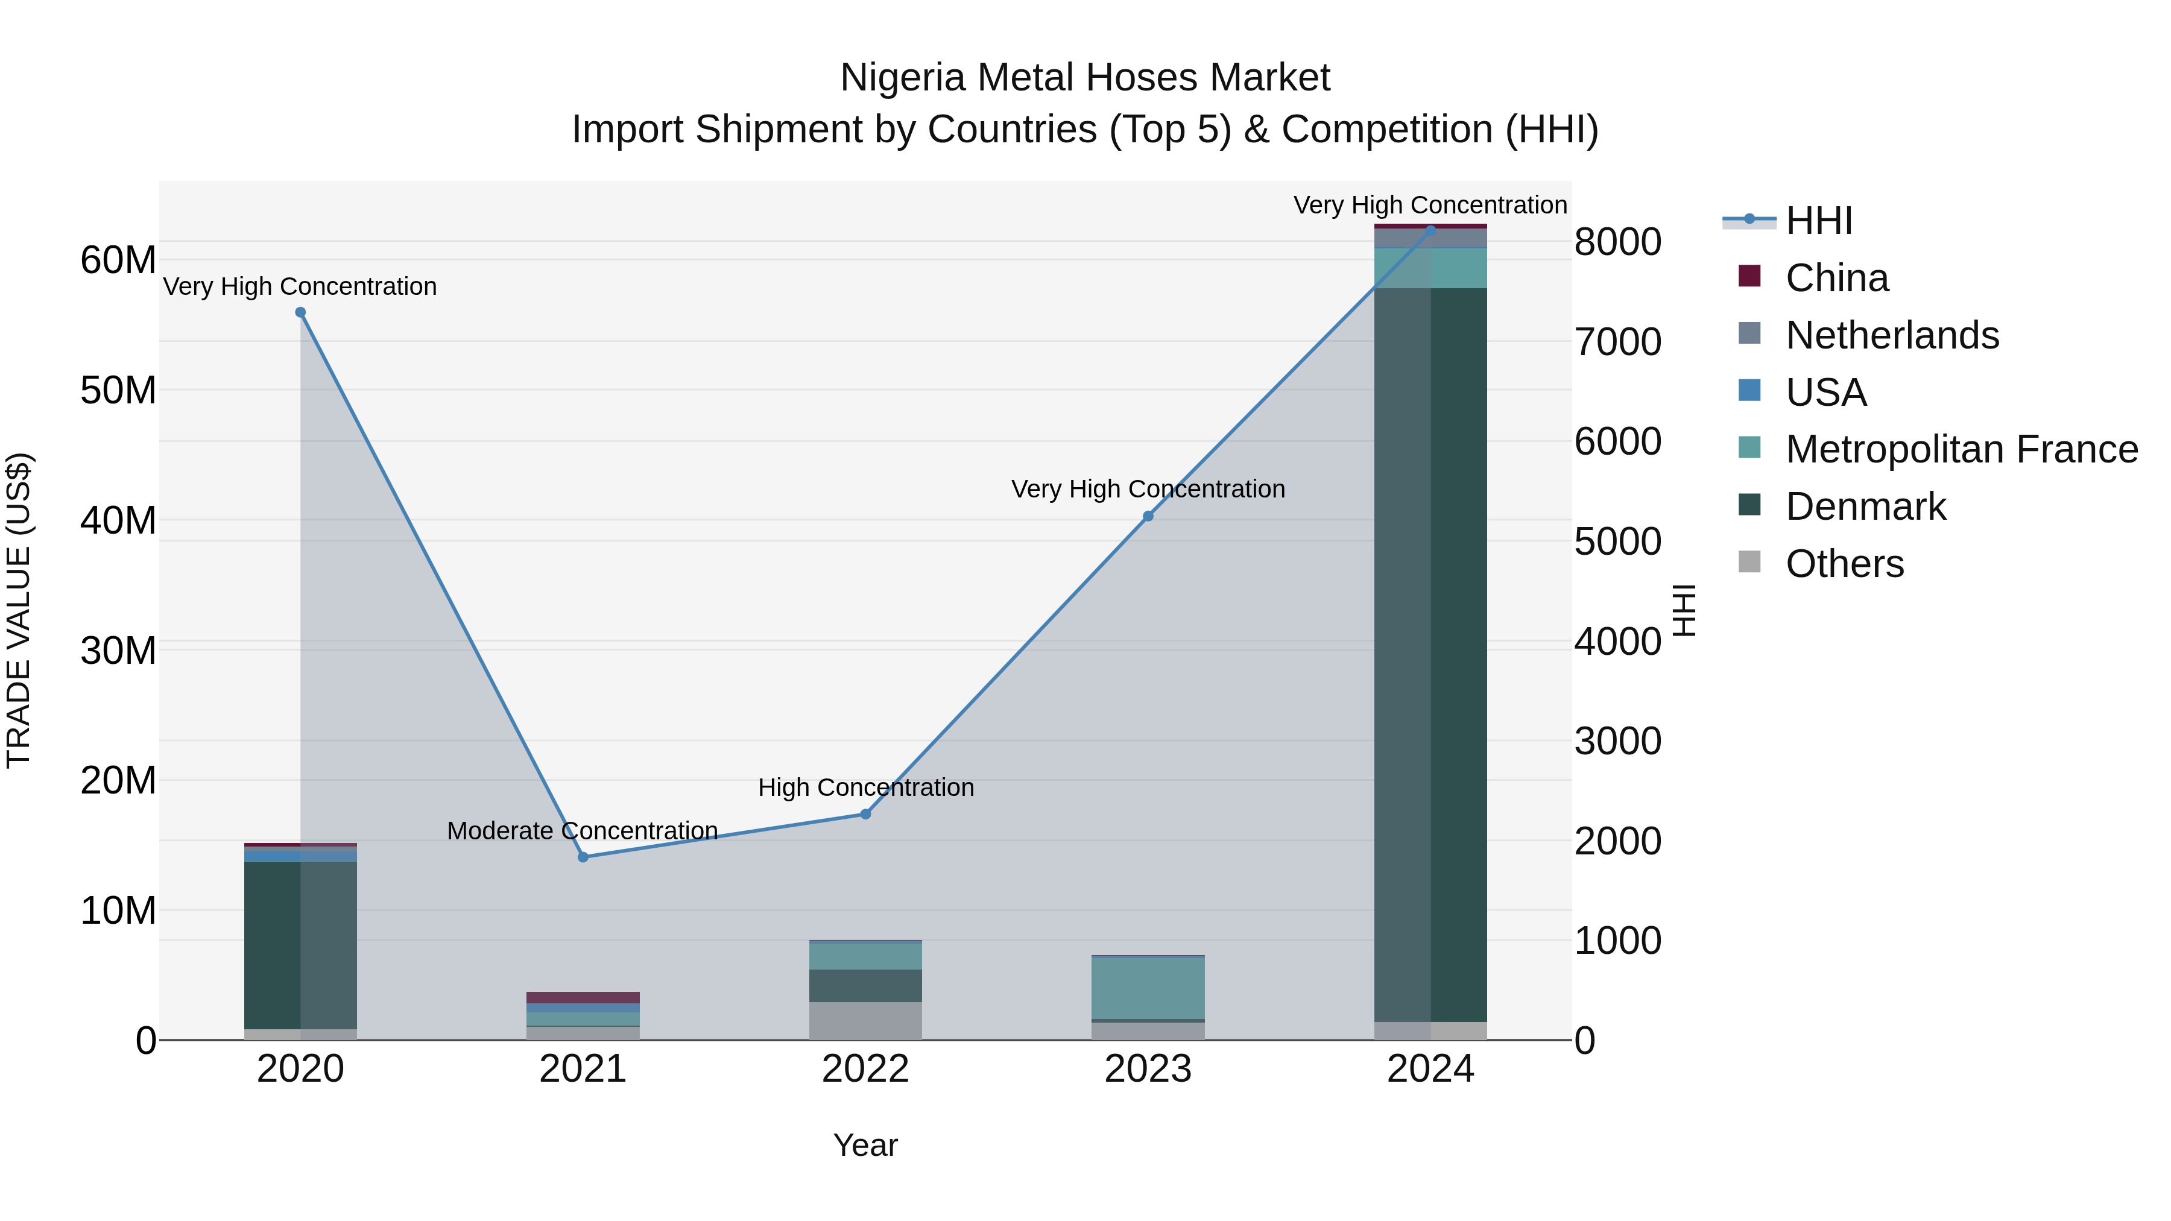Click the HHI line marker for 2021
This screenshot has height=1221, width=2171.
point(583,857)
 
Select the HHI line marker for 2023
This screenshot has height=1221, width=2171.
point(1148,516)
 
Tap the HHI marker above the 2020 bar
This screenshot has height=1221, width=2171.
point(300,312)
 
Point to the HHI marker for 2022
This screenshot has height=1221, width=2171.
point(865,814)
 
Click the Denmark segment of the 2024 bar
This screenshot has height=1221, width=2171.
point(1430,657)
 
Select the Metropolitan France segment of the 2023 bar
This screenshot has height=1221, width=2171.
point(1148,988)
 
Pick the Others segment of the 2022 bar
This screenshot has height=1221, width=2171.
point(865,1020)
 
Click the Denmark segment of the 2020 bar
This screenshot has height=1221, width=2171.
point(300,944)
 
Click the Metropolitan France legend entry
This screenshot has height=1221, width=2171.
point(1961,449)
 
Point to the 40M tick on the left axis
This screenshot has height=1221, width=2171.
point(118,521)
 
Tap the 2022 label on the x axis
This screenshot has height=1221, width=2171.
point(865,1069)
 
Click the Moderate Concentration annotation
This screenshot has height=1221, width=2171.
point(583,831)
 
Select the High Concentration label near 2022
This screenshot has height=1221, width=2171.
point(865,787)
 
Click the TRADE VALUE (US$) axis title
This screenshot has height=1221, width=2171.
point(19,610)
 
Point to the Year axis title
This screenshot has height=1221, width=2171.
point(865,1145)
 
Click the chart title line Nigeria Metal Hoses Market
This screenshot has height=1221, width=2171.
point(1085,78)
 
